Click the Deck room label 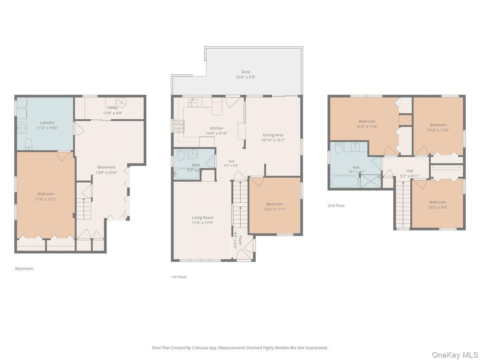click(x=246, y=72)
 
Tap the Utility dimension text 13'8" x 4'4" click(x=113, y=113)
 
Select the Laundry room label click(x=47, y=122)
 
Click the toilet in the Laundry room click(x=29, y=144)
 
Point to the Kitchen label click(x=216, y=128)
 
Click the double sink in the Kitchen click(x=193, y=102)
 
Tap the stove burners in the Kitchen click(x=179, y=126)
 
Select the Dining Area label click(x=273, y=135)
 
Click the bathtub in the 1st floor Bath click(x=186, y=174)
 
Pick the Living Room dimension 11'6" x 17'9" click(x=202, y=223)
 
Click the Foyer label click(x=240, y=240)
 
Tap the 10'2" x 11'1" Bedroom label click(x=275, y=204)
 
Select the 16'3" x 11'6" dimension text click(x=367, y=126)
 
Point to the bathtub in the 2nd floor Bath click(x=344, y=182)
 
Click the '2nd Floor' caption click(x=336, y=206)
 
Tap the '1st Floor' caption click(x=179, y=277)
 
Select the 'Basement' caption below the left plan click(x=24, y=268)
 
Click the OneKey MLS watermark click(x=455, y=354)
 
